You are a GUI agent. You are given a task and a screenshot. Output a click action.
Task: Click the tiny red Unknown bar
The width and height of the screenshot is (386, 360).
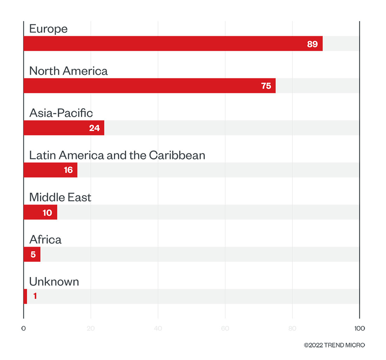click(x=25, y=296)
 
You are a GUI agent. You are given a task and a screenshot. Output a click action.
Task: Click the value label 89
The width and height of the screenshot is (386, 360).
click(x=312, y=44)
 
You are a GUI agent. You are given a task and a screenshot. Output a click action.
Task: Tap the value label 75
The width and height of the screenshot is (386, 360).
click(x=266, y=86)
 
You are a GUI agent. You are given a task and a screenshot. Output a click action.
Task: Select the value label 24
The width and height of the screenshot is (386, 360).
click(x=94, y=128)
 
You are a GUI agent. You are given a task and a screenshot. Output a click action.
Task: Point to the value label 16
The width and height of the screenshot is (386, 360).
click(x=68, y=170)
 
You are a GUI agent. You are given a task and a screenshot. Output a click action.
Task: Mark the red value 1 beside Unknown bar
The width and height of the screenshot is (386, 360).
click(x=35, y=296)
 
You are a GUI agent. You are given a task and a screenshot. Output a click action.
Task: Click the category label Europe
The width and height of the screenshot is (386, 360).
click(x=48, y=28)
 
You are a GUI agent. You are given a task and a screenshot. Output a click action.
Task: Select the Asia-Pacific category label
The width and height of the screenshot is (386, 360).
click(x=61, y=113)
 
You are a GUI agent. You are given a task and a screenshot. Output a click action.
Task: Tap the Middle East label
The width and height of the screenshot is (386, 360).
click(x=60, y=197)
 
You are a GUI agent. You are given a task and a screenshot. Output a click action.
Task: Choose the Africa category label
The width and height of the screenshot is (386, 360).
click(x=45, y=240)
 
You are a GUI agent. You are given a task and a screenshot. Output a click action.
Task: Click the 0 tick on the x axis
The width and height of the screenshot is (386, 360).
click(x=24, y=328)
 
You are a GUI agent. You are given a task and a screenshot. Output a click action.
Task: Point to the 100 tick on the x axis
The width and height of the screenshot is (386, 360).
click(x=359, y=328)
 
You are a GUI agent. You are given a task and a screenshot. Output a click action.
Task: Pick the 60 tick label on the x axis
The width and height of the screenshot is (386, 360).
click(x=225, y=328)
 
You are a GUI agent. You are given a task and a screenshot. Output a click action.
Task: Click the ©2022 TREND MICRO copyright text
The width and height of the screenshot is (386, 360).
click(x=334, y=345)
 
